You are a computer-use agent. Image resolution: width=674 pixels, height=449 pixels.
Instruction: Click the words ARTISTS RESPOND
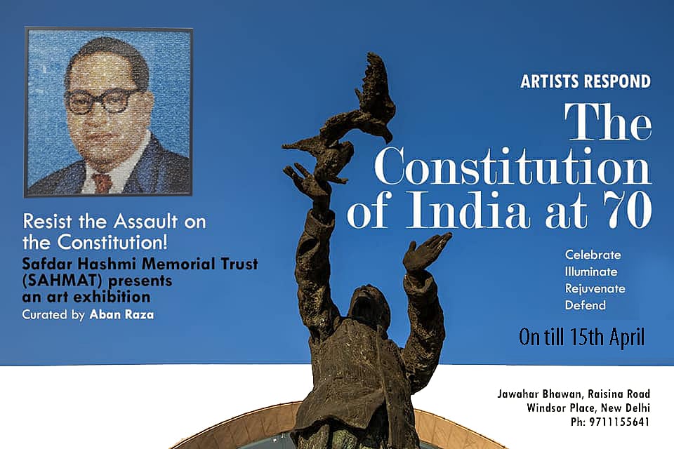(x=585, y=82)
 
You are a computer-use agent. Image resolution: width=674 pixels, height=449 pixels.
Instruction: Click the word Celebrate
(x=593, y=255)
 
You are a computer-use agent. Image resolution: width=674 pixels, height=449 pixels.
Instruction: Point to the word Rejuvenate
(x=595, y=288)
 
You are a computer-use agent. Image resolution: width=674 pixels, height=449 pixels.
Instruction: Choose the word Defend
(x=585, y=305)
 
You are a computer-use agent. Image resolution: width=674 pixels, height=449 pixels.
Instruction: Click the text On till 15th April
(x=581, y=337)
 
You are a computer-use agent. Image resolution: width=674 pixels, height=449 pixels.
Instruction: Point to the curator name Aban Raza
(x=123, y=315)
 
